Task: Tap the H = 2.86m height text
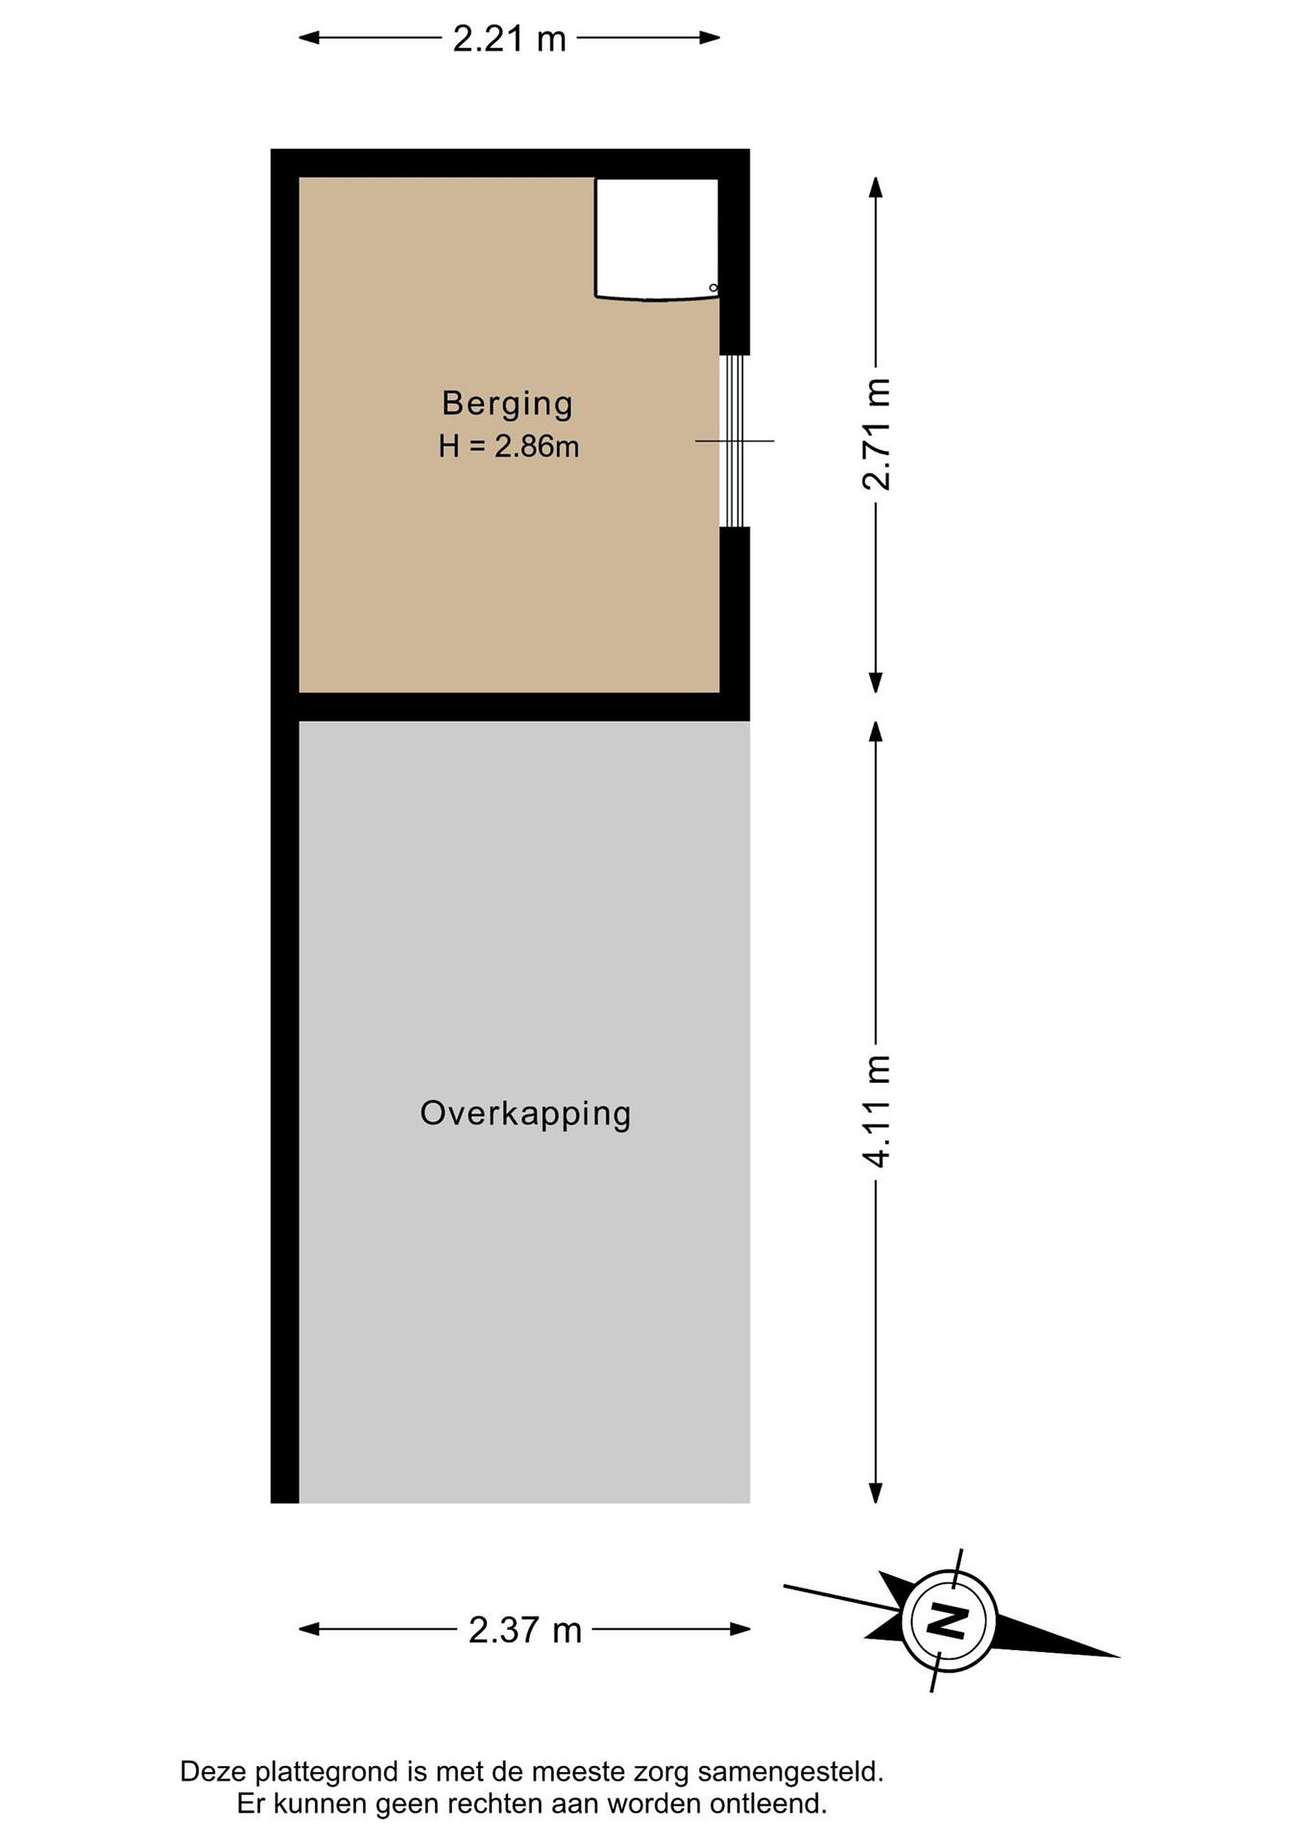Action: tap(508, 446)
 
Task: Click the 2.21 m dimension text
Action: tap(509, 38)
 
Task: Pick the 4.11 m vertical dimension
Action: tap(876, 1111)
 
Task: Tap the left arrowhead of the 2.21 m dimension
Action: tap(309, 38)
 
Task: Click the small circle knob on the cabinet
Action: tap(713, 287)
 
